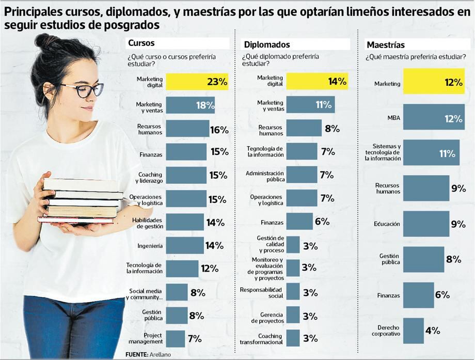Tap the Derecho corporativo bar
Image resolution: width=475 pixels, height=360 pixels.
(x=413, y=331)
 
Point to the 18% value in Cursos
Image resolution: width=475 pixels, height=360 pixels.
(x=205, y=106)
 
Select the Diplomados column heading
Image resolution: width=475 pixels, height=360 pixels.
(x=267, y=45)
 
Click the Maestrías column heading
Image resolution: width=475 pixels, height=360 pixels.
(x=385, y=45)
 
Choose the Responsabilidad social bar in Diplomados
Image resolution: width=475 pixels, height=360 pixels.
(x=293, y=292)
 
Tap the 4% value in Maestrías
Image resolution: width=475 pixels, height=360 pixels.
(x=432, y=331)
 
